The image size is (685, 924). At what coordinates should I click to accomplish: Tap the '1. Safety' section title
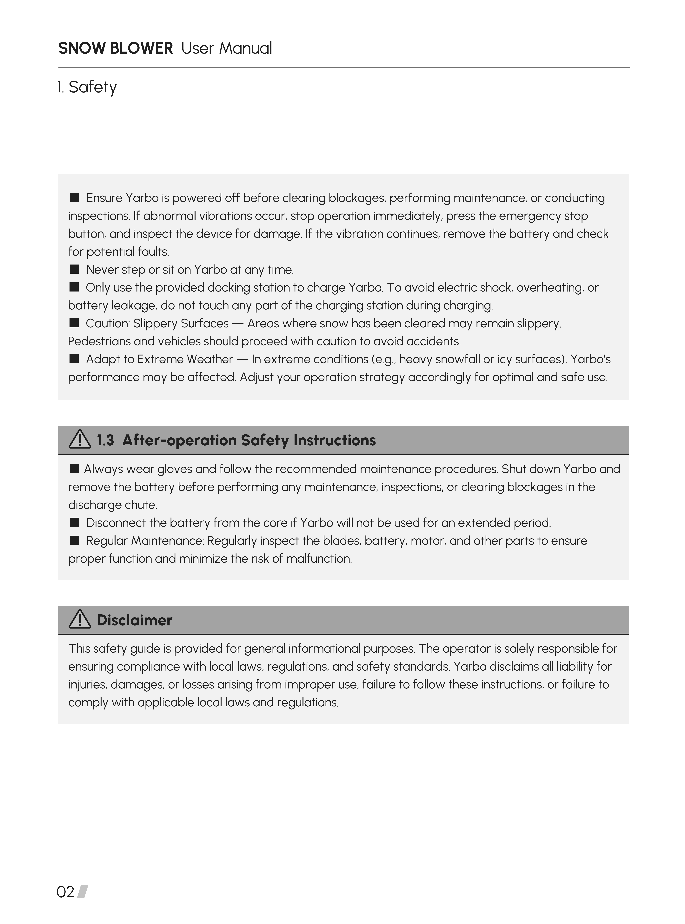[x=87, y=87]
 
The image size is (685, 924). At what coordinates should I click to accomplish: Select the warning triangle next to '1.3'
[x=80, y=440]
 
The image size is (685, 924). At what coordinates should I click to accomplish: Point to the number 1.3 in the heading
[x=105, y=440]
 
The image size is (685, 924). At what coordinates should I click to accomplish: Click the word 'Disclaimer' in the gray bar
[x=134, y=620]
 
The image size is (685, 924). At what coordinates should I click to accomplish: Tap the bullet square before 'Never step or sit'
[x=74, y=269]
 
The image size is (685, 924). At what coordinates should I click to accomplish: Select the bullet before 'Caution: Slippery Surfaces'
[x=74, y=323]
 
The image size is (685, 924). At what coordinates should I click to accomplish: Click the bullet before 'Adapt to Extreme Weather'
[x=74, y=359]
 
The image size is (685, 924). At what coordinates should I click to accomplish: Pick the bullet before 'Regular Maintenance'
[x=74, y=540]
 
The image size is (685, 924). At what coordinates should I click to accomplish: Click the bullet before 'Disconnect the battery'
[x=74, y=522]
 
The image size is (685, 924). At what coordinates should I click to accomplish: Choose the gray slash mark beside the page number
[x=83, y=892]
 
